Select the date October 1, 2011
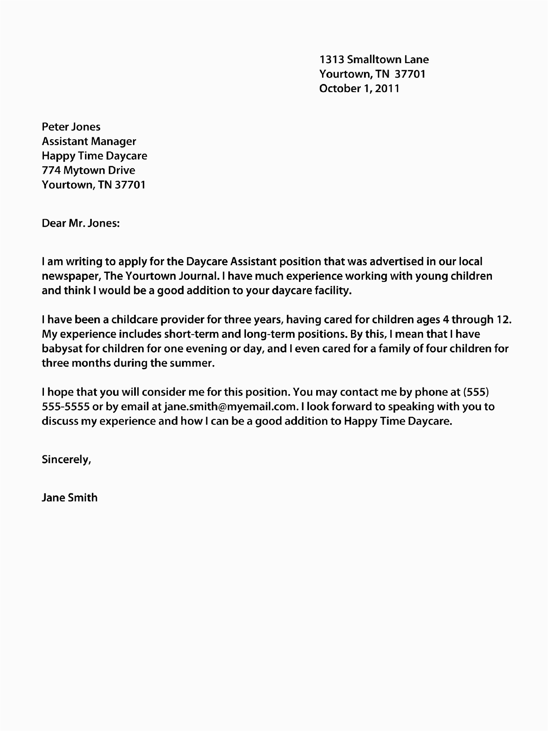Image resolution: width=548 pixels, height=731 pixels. (x=359, y=88)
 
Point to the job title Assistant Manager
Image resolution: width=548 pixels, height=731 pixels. (x=89, y=141)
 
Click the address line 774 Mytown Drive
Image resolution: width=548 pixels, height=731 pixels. (x=88, y=170)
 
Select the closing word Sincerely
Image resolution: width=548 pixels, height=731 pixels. (x=66, y=459)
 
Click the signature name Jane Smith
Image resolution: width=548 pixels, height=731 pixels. (x=69, y=498)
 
